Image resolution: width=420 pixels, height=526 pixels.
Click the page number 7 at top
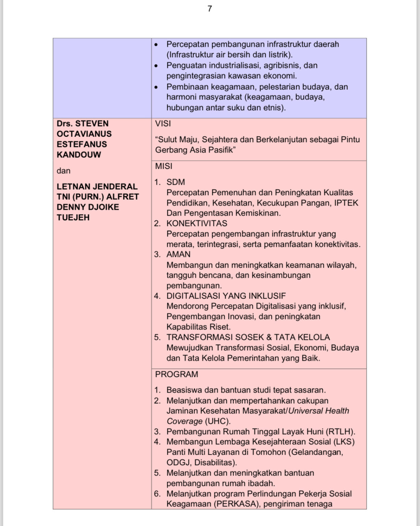tap(210, 9)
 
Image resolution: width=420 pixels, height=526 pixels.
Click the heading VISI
tap(163, 124)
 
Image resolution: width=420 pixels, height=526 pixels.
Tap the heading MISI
tap(164, 166)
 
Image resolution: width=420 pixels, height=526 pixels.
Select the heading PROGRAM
tap(177, 374)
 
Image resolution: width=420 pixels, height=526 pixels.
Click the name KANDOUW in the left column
tap(79, 155)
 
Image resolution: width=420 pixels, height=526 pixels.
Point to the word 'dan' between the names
tap(63, 171)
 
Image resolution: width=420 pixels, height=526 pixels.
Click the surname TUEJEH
tap(73, 217)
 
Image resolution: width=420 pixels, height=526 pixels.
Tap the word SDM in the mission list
tap(176, 182)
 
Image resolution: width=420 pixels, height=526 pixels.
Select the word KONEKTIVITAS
tap(197, 224)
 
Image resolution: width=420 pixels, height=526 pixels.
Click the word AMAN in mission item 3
tap(178, 254)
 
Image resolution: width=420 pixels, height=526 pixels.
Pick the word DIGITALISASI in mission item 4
tap(193, 296)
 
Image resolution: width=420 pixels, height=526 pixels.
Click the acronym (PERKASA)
tap(236, 504)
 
